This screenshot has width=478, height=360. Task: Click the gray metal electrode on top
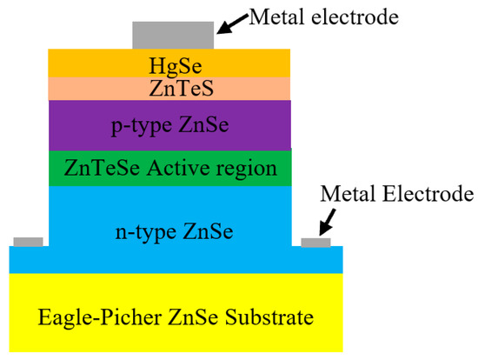[172, 35]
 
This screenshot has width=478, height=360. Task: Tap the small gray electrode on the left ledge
[28, 241]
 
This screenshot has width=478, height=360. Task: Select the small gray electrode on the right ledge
[315, 241]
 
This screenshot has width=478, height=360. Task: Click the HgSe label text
[169, 64]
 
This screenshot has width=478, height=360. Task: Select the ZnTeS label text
[169, 89]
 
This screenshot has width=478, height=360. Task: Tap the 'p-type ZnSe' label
[169, 124]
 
